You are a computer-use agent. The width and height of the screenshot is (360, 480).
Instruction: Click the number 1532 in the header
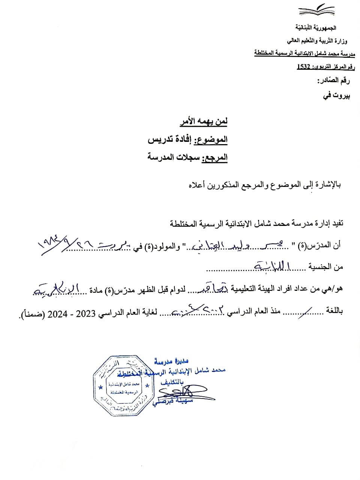click(x=303, y=67)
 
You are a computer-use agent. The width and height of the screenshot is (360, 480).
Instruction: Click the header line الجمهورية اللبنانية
click(x=316, y=28)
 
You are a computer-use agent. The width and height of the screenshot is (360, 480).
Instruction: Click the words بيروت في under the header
click(x=337, y=96)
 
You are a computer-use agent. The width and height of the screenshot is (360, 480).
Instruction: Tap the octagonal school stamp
click(x=124, y=386)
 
